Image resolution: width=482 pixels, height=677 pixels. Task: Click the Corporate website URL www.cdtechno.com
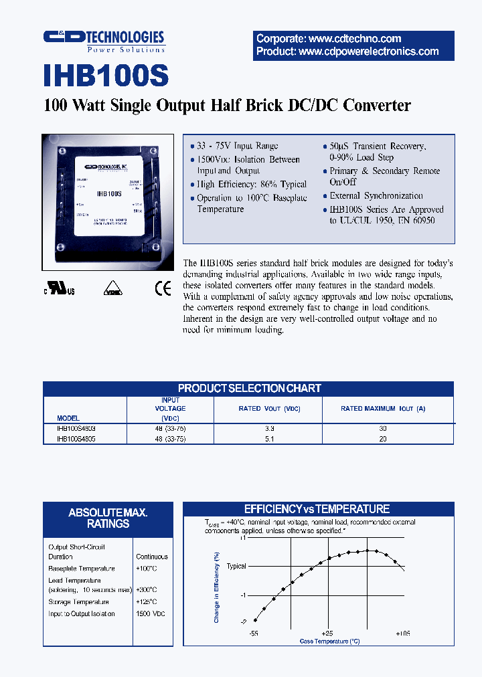pyautogui.click(x=329, y=39)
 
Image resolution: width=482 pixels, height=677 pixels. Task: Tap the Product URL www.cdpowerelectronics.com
pyautogui.click(x=347, y=52)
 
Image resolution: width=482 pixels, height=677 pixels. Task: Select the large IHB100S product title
pyautogui.click(x=106, y=76)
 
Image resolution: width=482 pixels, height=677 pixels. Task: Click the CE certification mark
pyautogui.click(x=163, y=288)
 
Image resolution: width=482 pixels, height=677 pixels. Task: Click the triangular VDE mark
pyautogui.click(x=112, y=289)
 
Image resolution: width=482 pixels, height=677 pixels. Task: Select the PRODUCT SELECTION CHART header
pyautogui.click(x=249, y=388)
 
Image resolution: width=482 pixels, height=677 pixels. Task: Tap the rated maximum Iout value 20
pyautogui.click(x=384, y=439)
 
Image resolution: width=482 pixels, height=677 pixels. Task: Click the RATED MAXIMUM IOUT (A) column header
pyautogui.click(x=383, y=408)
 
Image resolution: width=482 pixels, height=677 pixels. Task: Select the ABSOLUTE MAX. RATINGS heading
pyautogui.click(x=108, y=518)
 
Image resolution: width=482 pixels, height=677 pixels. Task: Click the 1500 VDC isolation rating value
pyautogui.click(x=151, y=613)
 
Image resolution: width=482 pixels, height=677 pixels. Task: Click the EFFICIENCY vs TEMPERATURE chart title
pyautogui.click(x=316, y=509)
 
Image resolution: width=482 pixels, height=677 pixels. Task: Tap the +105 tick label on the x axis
pyautogui.click(x=402, y=632)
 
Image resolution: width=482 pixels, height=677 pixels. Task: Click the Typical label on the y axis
pyautogui.click(x=236, y=566)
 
